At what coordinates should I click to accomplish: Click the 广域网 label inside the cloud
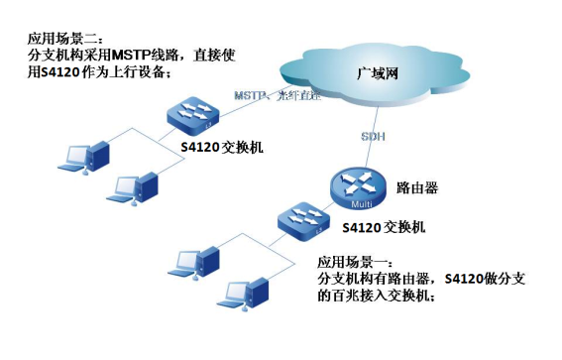pyautogui.click(x=382, y=72)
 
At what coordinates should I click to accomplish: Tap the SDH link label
pyautogui.click(x=375, y=134)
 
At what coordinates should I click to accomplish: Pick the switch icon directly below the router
pyautogui.click(x=300, y=220)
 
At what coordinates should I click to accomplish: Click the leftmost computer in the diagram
pyautogui.click(x=78, y=157)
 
